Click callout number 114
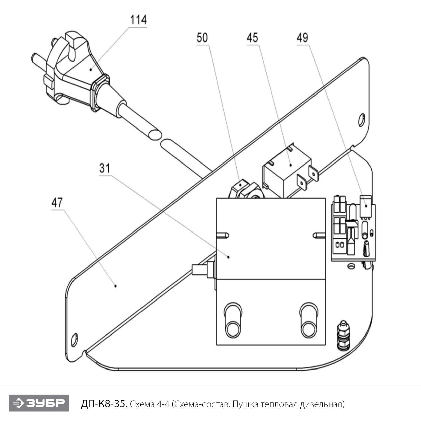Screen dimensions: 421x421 (x=138, y=20)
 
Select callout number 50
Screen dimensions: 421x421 (x=202, y=38)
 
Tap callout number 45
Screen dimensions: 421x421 (x=252, y=38)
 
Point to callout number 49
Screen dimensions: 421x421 (x=302, y=38)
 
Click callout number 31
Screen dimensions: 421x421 (x=104, y=168)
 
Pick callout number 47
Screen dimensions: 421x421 (x=57, y=202)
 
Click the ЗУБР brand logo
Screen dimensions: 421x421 (x=39, y=403)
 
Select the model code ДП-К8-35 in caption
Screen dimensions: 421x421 (x=105, y=404)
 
